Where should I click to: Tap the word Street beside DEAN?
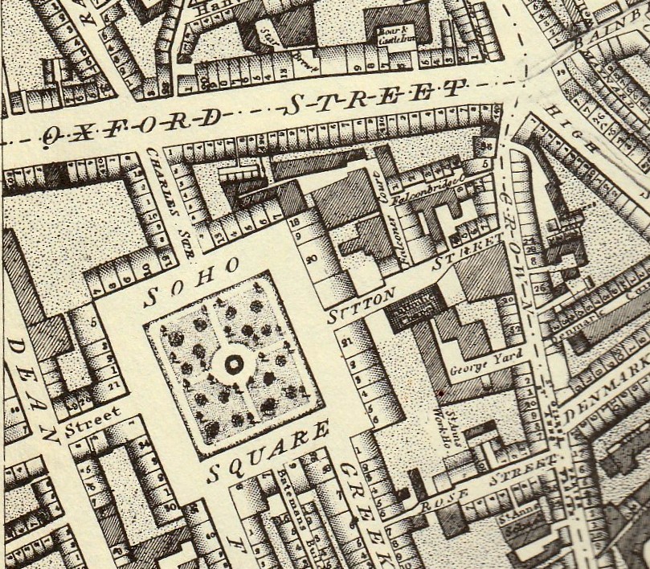93,415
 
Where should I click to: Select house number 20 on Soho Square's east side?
311,259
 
